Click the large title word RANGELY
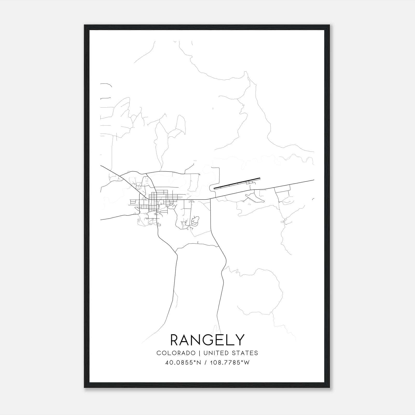208,340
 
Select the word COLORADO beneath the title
176,353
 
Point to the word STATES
245,353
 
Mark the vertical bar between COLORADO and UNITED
200,353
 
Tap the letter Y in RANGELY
240,340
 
